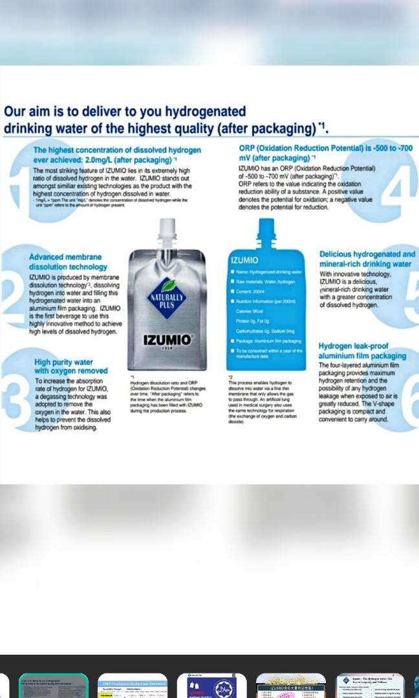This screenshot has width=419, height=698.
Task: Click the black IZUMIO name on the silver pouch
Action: (x=167, y=340)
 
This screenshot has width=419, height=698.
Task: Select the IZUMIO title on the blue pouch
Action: (x=244, y=260)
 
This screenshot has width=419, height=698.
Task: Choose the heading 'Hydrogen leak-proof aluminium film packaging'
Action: (x=362, y=351)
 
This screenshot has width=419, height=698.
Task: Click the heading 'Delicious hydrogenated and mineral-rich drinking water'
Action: (x=367, y=259)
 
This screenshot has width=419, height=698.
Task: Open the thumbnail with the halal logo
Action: (x=211, y=686)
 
